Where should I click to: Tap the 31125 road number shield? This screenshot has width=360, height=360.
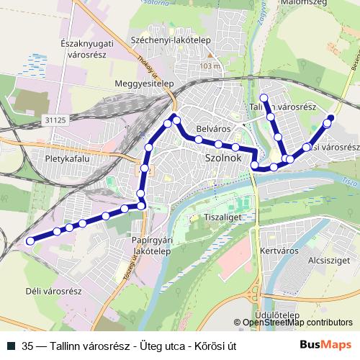click(x=54, y=121)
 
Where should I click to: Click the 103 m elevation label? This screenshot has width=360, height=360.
click(x=212, y=66)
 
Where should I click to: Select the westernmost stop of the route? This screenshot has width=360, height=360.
click(x=30, y=240)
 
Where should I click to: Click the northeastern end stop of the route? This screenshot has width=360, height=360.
click(x=331, y=117)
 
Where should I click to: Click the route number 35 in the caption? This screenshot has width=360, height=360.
click(x=27, y=346)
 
